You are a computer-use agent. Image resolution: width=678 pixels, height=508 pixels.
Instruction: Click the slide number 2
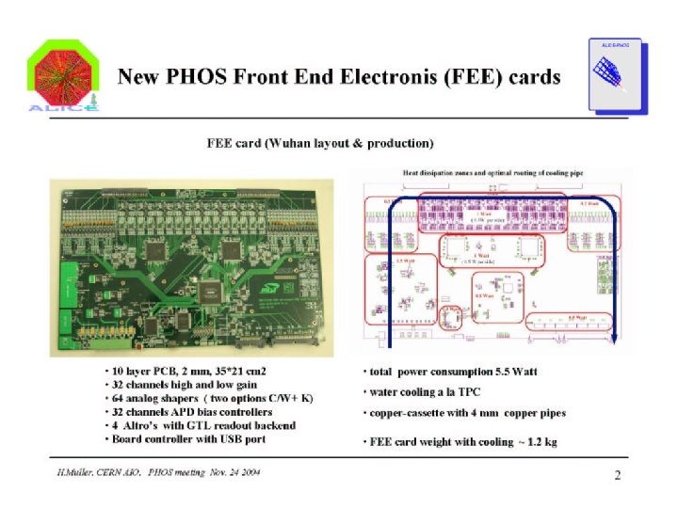tap(618, 475)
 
